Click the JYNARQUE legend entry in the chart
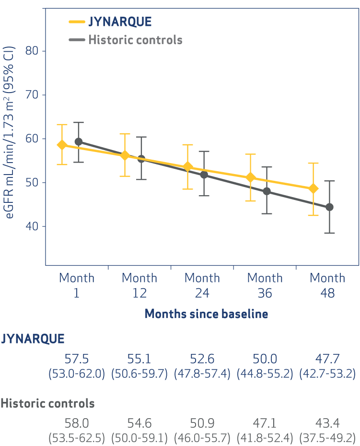pyautogui.click(x=120, y=22)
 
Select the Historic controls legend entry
pyautogui.click(x=135, y=39)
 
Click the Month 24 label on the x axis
pyautogui.click(x=202, y=285)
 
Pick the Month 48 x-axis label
pyautogui.click(x=327, y=285)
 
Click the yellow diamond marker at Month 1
pyautogui.click(x=62, y=145)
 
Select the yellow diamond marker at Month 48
pyautogui.click(x=313, y=189)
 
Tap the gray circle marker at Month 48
pyautogui.click(x=329, y=207)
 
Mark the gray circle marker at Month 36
pyautogui.click(x=267, y=191)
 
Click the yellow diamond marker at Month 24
pyautogui.click(x=188, y=167)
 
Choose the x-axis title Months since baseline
pyautogui.click(x=206, y=314)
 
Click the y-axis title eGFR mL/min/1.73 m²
pyautogui.click(x=10, y=132)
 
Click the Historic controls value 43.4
pyautogui.click(x=327, y=424)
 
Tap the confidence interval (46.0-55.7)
pyautogui.click(x=202, y=438)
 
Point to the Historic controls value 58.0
pyautogui.click(x=77, y=424)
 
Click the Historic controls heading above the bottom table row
pyautogui.click(x=47, y=403)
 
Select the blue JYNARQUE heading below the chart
pyautogui.click(x=33, y=339)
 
